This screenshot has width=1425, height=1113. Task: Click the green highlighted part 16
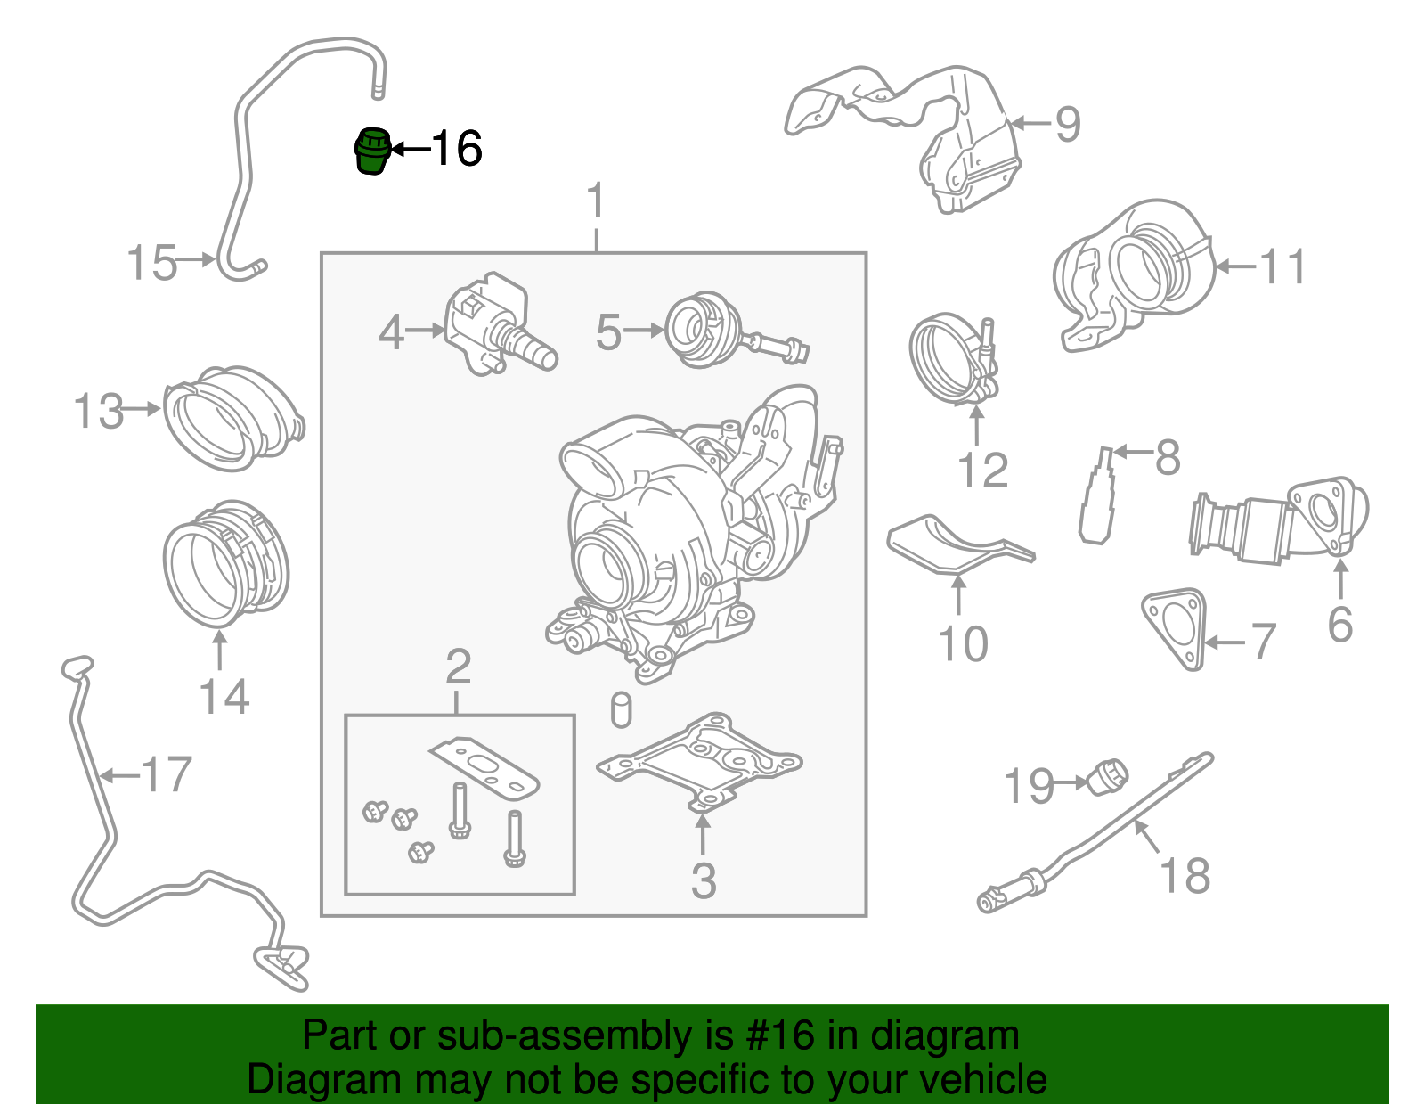372,151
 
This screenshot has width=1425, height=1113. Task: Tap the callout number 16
457,149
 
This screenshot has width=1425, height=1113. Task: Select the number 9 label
1067,124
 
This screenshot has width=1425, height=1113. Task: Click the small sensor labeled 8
1097,499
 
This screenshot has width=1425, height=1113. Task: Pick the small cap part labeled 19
1108,775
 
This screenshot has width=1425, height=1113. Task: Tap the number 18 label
1185,875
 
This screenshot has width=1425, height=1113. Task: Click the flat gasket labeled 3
699,757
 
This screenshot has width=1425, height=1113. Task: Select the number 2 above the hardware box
458,667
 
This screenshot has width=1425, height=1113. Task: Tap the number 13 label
98,412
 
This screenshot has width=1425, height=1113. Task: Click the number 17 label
167,774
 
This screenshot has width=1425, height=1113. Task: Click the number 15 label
151,263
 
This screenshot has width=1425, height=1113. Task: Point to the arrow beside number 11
1233,266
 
